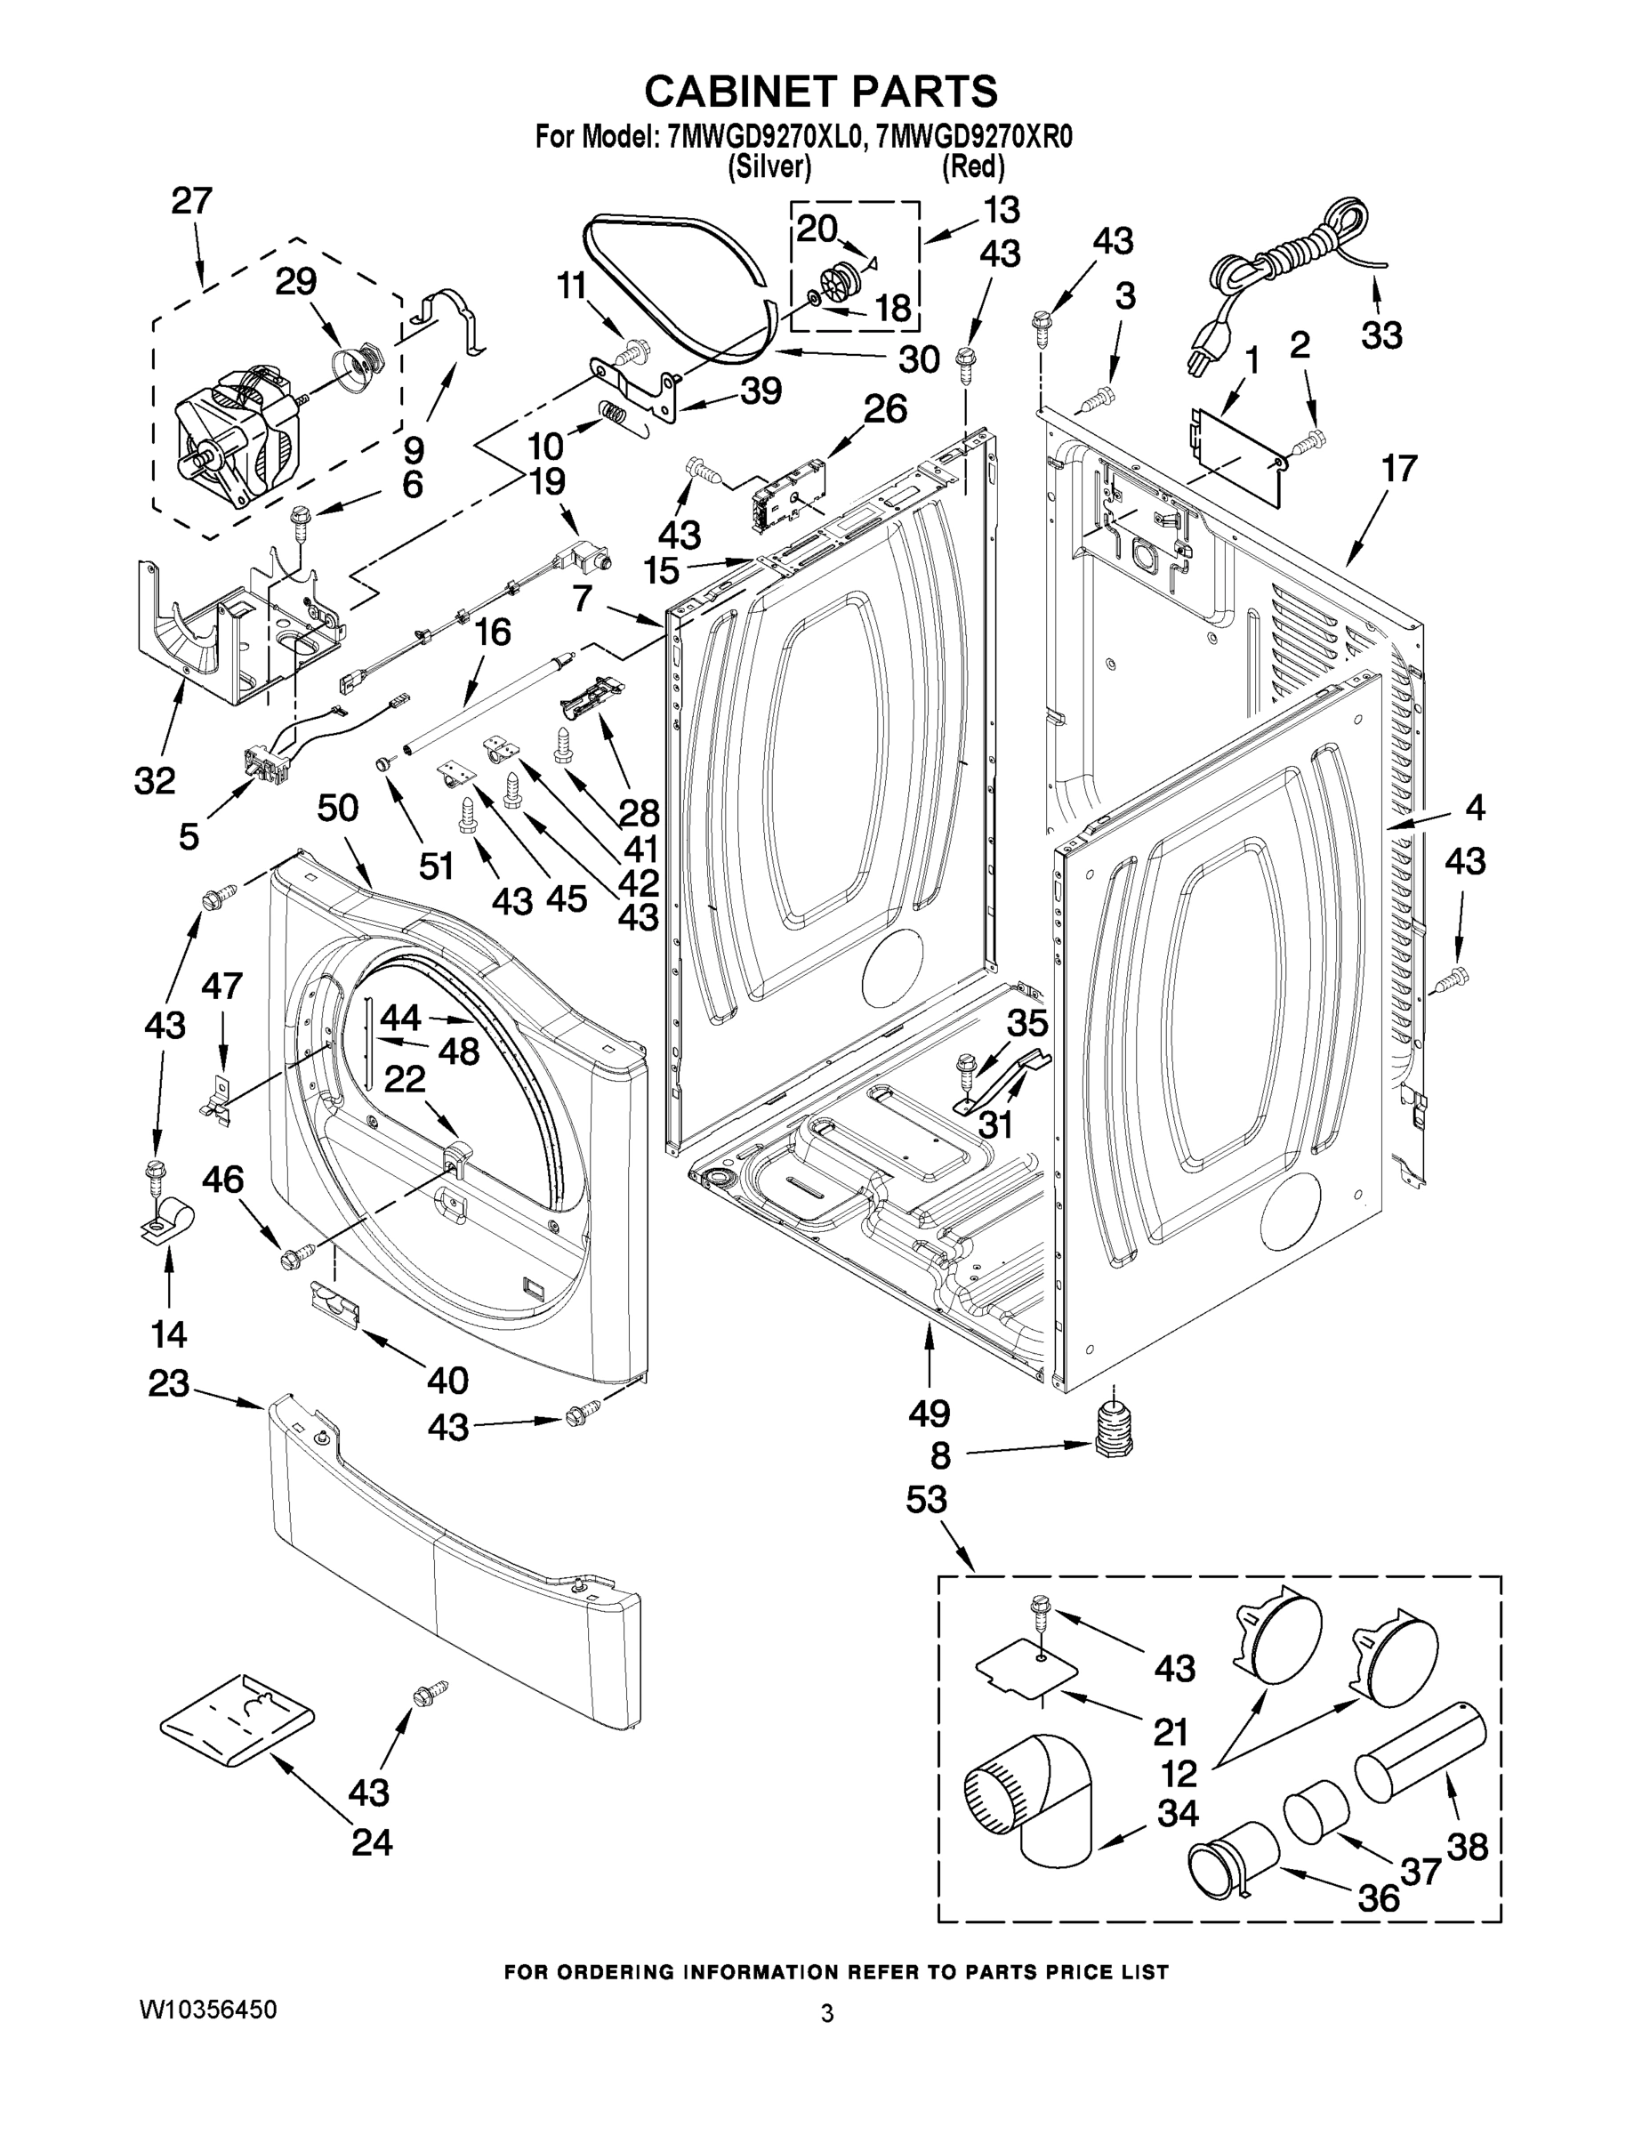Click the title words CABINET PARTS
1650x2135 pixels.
pyautogui.click(x=821, y=91)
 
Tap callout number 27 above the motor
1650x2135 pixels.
pyautogui.click(x=191, y=201)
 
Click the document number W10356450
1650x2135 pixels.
pyautogui.click(x=207, y=2009)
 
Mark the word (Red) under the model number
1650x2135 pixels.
pyautogui.click(x=972, y=167)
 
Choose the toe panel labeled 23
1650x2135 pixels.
pyautogui.click(x=455, y=1554)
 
